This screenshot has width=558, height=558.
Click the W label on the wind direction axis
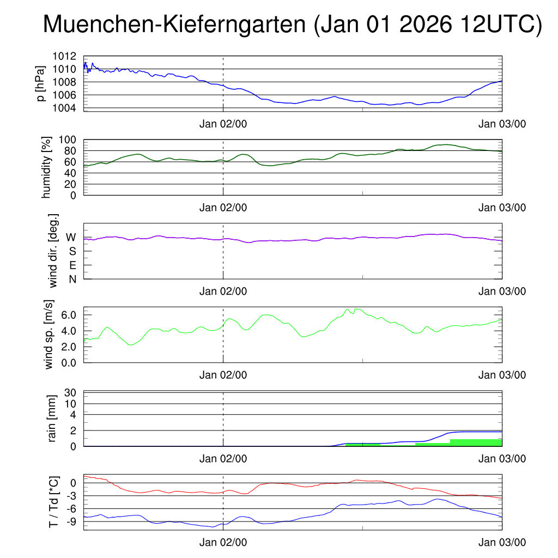[x=71, y=237]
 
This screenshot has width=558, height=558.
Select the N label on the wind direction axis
[x=72, y=279]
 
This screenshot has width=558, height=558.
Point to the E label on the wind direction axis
[x=72, y=265]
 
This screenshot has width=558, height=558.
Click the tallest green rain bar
[x=476, y=442]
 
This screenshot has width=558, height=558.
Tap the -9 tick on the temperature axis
[x=72, y=521]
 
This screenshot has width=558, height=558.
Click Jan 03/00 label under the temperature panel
[x=502, y=543]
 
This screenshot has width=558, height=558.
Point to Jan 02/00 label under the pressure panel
[x=223, y=124]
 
